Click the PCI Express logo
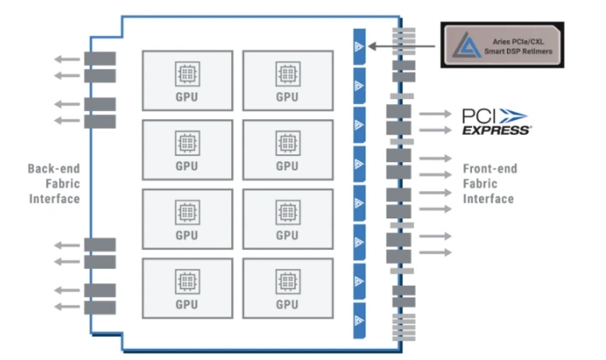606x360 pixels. pos(496,120)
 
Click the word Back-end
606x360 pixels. pos(53,168)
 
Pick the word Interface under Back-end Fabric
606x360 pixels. pos(53,199)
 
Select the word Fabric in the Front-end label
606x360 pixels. pos(480,183)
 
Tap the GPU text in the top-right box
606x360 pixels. pos(288,96)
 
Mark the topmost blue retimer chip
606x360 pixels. pos(358,45)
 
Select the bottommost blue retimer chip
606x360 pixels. pos(358,320)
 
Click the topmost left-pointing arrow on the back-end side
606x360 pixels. pos(66,59)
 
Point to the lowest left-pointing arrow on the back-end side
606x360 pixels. pos(66,306)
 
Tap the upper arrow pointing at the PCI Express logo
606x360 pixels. pos(435,113)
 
